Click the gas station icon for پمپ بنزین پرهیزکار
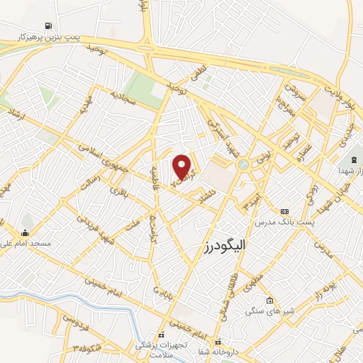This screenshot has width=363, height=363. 48,25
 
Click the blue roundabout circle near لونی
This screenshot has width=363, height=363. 244,164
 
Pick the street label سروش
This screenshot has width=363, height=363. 292,93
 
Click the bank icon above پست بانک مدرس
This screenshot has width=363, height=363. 285,211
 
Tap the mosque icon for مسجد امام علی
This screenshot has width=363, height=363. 26,233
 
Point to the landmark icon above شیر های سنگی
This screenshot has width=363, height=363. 269,299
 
